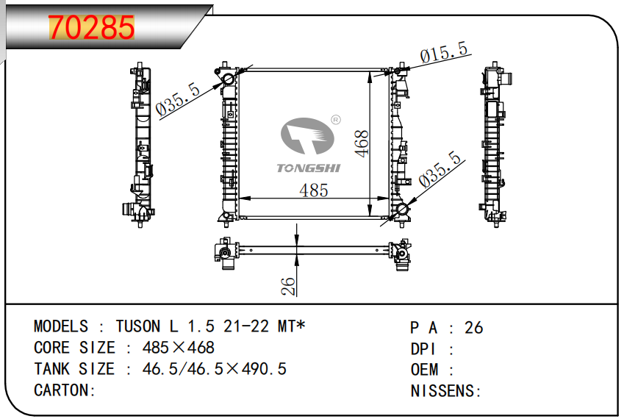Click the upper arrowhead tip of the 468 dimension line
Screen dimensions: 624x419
tap(370, 72)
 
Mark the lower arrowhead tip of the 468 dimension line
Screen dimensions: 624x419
tap(370, 217)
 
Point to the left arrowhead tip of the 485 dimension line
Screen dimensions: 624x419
tap(239, 198)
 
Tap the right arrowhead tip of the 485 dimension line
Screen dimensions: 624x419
tap(390, 198)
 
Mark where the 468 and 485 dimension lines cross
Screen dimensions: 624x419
tap(370, 198)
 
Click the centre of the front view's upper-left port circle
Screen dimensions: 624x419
tap(229, 79)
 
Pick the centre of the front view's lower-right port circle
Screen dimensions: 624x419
tap(402, 209)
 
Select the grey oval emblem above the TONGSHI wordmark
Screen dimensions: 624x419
tap(307, 136)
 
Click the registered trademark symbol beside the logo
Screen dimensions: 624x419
tap(336, 120)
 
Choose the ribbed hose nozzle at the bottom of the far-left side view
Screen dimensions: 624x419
tap(127, 209)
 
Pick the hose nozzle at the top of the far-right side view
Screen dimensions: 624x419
tap(507, 78)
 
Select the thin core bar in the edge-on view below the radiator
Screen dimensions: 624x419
tap(314, 250)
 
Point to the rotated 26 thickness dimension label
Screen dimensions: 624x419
tap(288, 286)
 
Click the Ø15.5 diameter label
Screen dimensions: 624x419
tap(444, 52)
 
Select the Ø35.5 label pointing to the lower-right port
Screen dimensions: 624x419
tap(440, 169)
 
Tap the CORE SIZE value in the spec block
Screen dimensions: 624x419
tap(179, 348)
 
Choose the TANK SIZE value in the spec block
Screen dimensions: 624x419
tap(214, 369)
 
